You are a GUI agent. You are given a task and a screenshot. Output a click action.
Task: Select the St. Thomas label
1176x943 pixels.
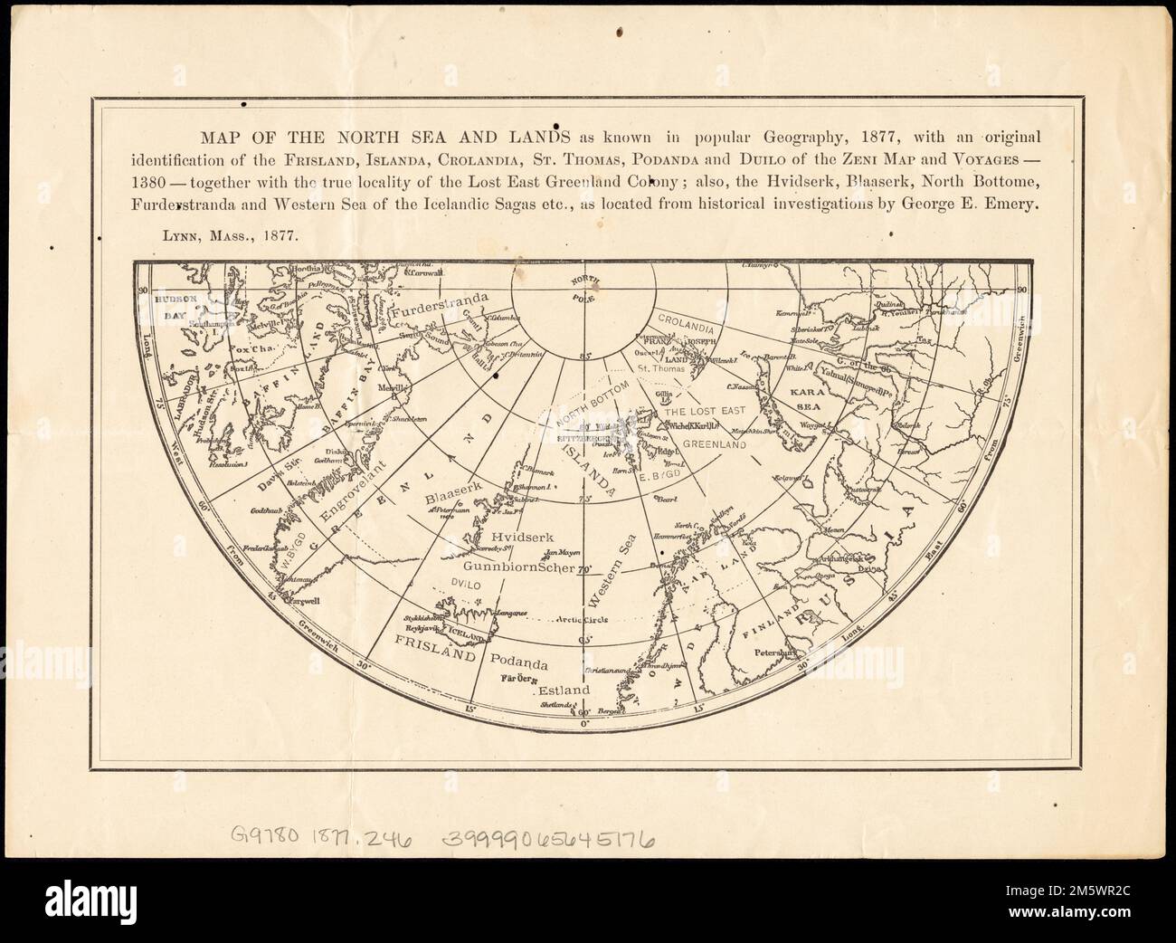click(x=657, y=369)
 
